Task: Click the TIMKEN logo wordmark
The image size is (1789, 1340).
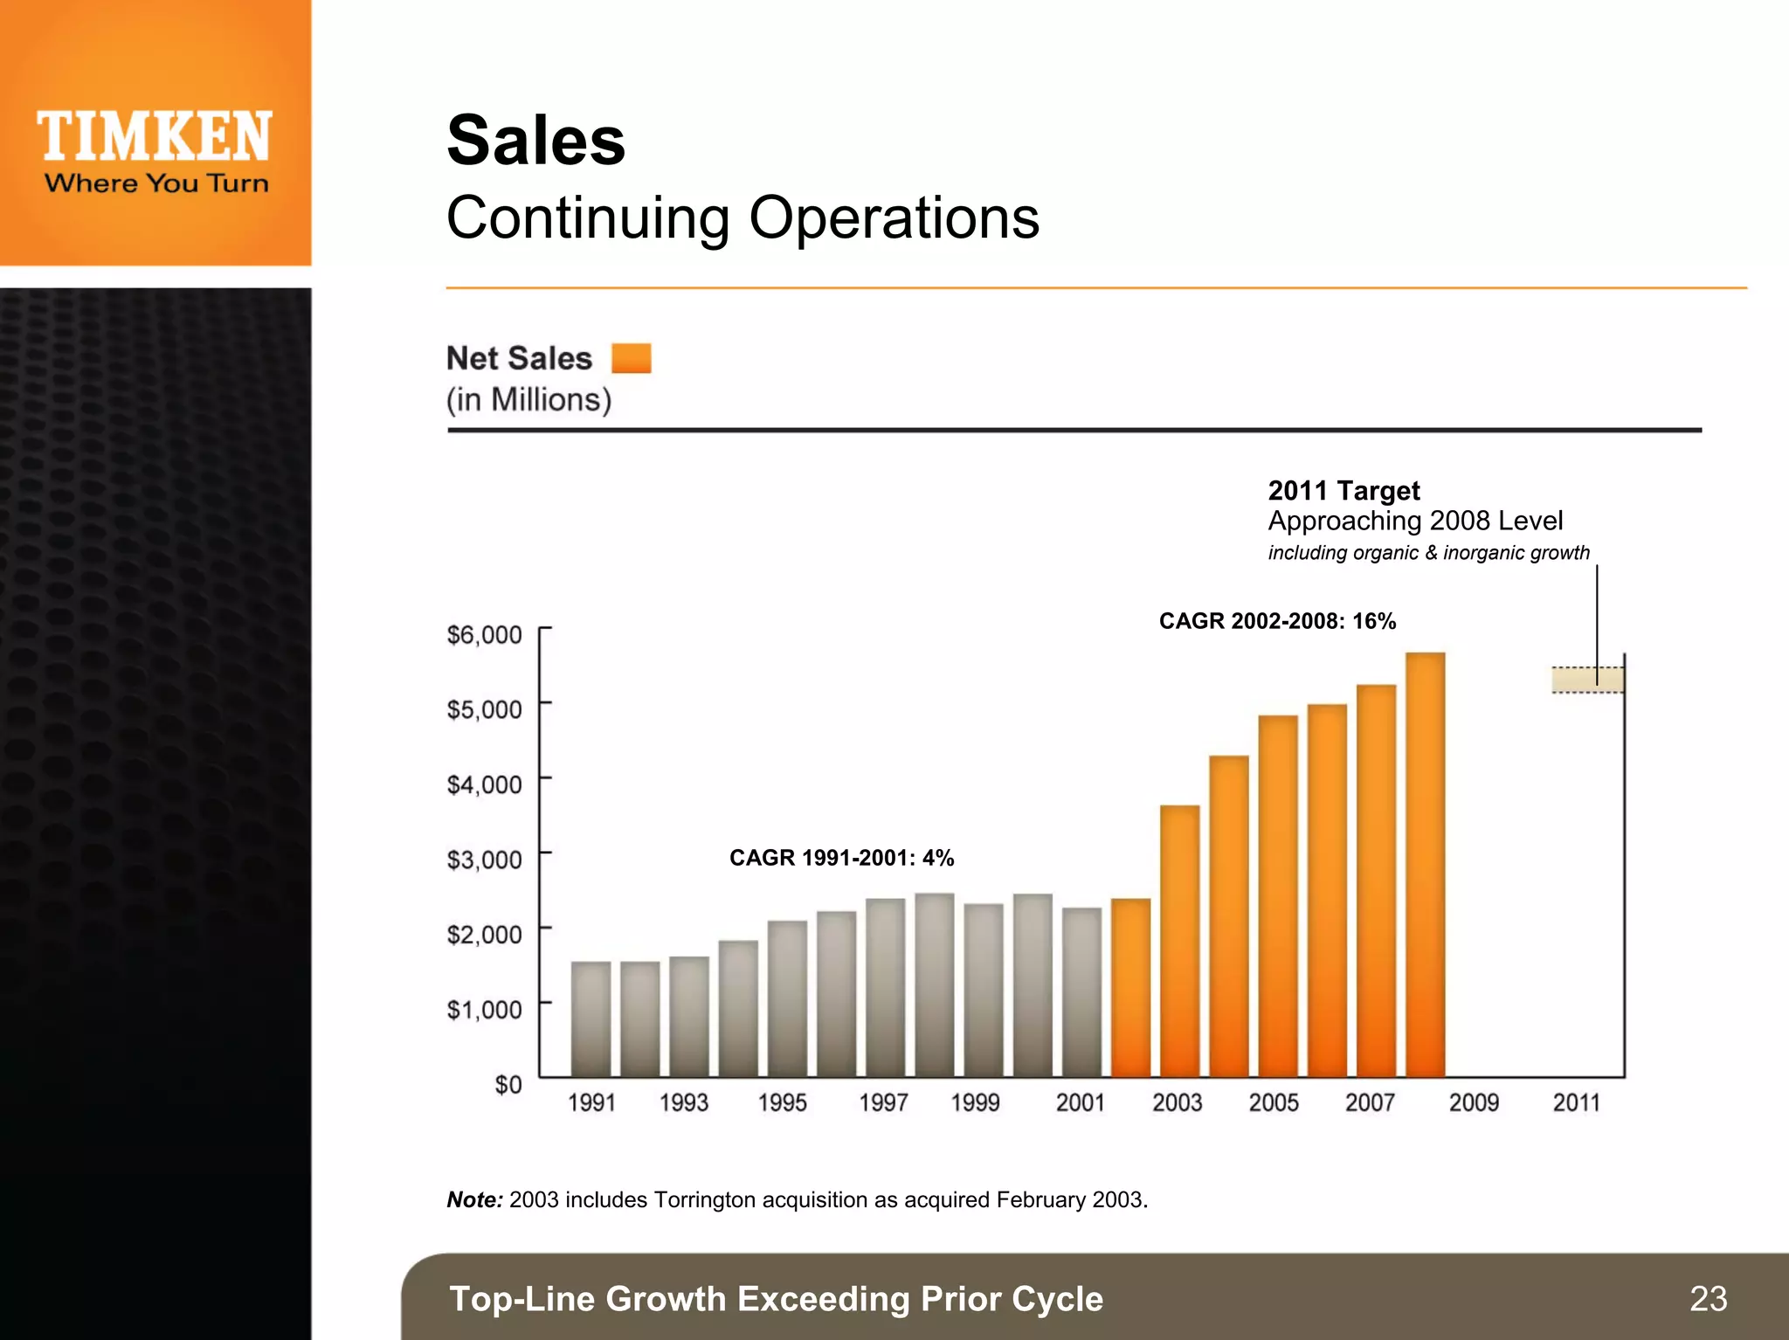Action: click(x=155, y=137)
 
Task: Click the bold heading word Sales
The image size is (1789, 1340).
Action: click(x=535, y=141)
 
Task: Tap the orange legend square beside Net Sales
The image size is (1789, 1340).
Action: click(x=631, y=358)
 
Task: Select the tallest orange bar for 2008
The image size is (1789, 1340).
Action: click(x=1425, y=865)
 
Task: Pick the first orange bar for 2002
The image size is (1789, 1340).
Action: click(x=1130, y=987)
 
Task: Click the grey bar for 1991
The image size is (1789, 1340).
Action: click(x=591, y=1019)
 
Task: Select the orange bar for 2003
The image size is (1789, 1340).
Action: click(x=1179, y=941)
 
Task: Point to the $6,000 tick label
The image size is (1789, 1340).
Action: click(x=484, y=634)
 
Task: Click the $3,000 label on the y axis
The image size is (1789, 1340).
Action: click(x=484, y=860)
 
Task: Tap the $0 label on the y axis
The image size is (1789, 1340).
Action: click(x=508, y=1085)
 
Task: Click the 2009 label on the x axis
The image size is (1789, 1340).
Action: click(x=1474, y=1102)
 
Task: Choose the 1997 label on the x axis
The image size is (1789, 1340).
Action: click(x=883, y=1102)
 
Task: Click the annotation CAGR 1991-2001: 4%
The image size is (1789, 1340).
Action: click(x=841, y=858)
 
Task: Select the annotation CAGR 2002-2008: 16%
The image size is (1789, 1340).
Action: click(x=1277, y=621)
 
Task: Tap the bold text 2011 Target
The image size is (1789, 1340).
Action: click(x=1343, y=490)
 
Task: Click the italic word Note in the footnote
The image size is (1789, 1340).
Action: click(x=473, y=1199)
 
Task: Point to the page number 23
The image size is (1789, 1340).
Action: click(x=1708, y=1298)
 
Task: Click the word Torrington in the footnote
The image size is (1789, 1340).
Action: click(x=705, y=1199)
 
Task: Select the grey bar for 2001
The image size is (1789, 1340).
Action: click(x=1081, y=992)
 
